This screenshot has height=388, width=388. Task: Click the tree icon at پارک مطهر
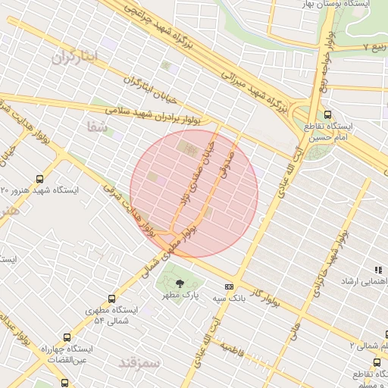(180, 286)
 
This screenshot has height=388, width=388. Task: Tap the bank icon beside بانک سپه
(229, 286)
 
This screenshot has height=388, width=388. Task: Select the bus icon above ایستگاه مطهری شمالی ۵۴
(113, 299)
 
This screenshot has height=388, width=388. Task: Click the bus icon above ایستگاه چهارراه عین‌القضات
(67, 337)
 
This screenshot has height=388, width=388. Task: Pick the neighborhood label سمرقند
(140, 363)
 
